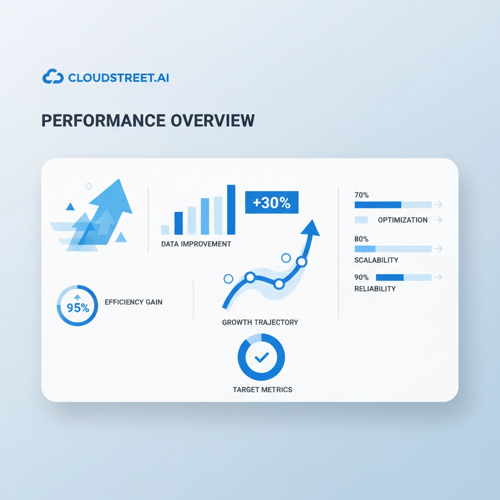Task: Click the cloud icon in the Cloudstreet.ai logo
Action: coord(53,77)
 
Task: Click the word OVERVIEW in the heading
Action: coord(213,121)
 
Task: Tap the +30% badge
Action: coord(271,203)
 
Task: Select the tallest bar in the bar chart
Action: coord(231,210)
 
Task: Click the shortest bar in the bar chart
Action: coord(165,230)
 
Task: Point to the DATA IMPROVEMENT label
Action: coord(196,244)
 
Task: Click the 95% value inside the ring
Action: coord(78,308)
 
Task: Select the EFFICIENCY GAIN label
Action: coord(134,302)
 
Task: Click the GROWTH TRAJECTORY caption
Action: coord(260,322)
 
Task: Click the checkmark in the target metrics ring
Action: coord(262,357)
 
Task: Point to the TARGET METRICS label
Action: coord(262,390)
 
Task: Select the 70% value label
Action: coord(362,195)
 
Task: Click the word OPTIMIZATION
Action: coord(403,220)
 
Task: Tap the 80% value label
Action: coord(362,239)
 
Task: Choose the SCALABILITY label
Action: coord(376,260)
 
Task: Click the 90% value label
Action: coord(362,277)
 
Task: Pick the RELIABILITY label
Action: coord(375,289)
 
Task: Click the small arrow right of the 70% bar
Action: coord(439,205)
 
